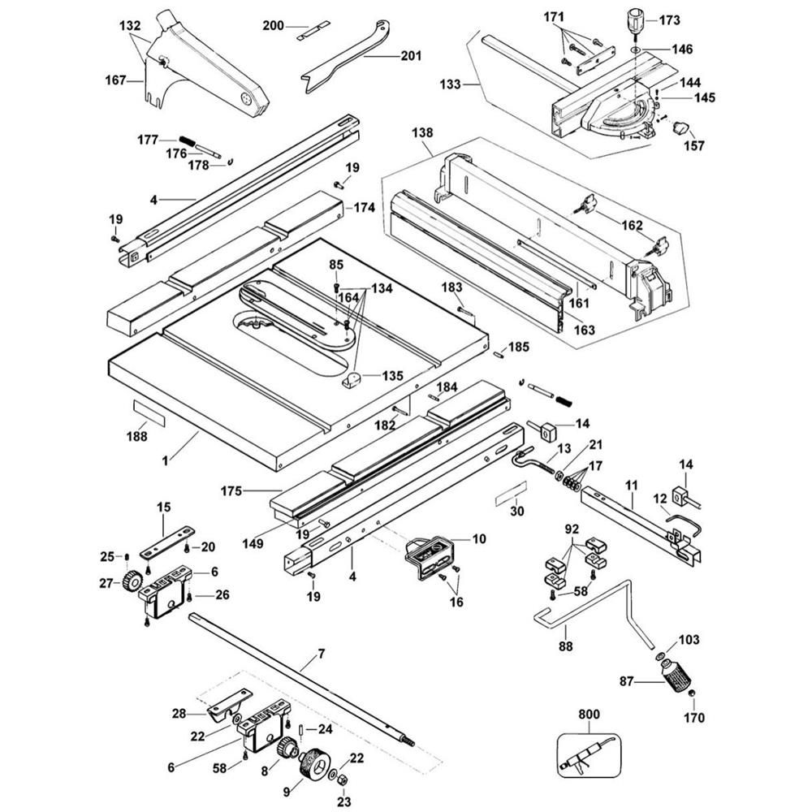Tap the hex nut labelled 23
tap(342, 780)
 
